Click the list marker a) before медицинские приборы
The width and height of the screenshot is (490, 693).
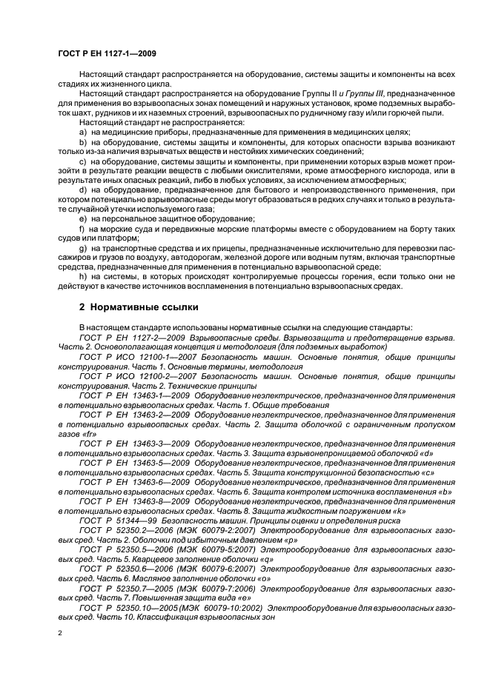click(x=83, y=131)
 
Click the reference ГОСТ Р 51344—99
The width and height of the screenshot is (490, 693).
click(x=119, y=520)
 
